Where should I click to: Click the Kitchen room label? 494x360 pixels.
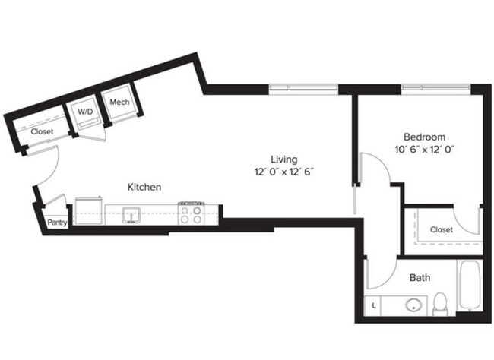[144, 186]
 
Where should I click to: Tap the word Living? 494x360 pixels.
[283, 159]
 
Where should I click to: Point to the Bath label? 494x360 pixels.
[420, 278]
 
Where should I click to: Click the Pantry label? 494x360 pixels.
[56, 223]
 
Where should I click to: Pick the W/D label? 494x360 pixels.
[84, 111]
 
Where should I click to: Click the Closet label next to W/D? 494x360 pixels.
[42, 131]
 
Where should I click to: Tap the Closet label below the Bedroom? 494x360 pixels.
[441, 229]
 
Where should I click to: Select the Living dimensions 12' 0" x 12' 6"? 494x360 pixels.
[283, 172]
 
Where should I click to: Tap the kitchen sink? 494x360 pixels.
[131, 216]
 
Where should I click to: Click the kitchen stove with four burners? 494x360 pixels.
[190, 213]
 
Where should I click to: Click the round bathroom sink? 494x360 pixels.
[414, 305]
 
